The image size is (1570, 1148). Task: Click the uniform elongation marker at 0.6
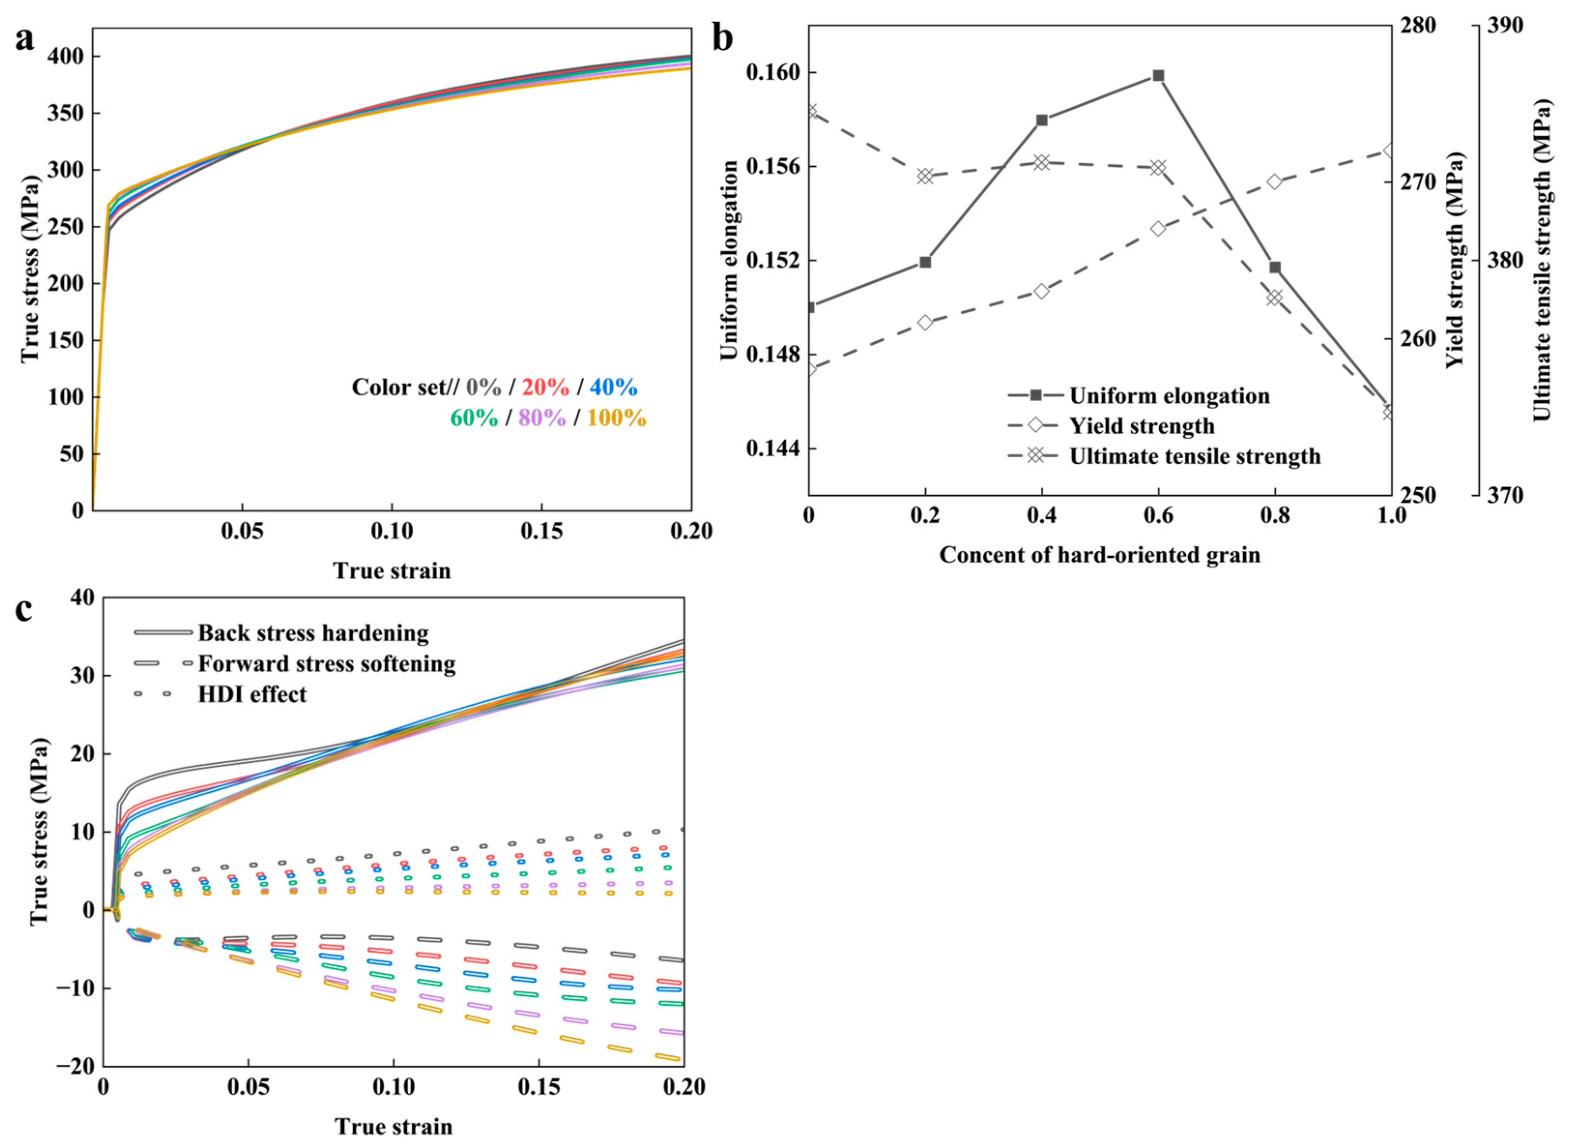click(1158, 76)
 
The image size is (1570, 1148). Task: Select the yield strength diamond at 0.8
click(1275, 182)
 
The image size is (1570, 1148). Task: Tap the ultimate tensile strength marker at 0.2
click(924, 176)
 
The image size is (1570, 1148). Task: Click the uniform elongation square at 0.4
click(1041, 120)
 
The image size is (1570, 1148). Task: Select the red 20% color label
click(546, 387)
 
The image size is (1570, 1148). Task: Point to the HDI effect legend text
click(252, 694)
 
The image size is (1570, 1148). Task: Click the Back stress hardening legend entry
click(313, 633)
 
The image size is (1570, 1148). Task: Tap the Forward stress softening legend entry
click(327, 664)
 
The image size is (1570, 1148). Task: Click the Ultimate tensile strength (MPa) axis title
click(1541, 261)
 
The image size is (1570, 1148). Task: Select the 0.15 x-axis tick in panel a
click(541, 532)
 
